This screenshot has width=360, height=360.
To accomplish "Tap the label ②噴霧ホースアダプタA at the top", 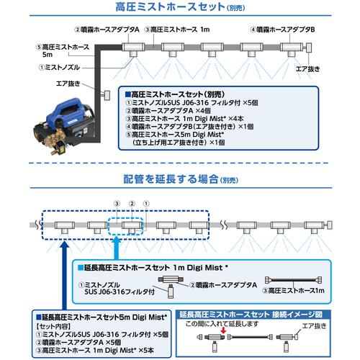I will pos(106,30).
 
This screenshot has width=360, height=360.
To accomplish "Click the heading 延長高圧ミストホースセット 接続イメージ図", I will pos(261,314).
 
